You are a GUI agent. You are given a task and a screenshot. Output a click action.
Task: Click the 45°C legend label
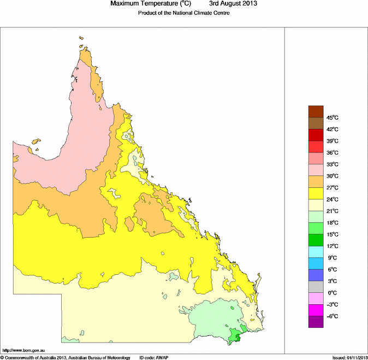coord(332,117)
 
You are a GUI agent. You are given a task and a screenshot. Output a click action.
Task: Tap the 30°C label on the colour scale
coord(332,176)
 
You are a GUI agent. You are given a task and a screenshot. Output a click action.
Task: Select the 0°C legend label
coord(331,293)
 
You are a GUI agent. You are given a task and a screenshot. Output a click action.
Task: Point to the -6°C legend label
coord(331,316)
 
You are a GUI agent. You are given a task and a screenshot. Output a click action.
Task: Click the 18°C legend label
coord(332,223)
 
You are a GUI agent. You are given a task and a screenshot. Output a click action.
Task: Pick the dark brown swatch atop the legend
coord(316,111)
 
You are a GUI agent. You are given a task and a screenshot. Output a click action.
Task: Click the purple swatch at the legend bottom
coord(316,322)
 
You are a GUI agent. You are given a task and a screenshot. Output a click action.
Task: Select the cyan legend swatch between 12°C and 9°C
coord(316,252)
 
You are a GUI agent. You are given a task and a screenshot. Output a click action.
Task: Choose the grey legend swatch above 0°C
coord(316,287)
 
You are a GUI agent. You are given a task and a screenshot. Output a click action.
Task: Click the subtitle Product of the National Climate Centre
coord(183,13)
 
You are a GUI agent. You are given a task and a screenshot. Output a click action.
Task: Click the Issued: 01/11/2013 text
coord(349,357)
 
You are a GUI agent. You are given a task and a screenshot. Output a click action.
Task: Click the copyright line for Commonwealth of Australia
coord(66,357)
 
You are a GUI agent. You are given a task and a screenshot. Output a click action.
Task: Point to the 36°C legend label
coord(332,152)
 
